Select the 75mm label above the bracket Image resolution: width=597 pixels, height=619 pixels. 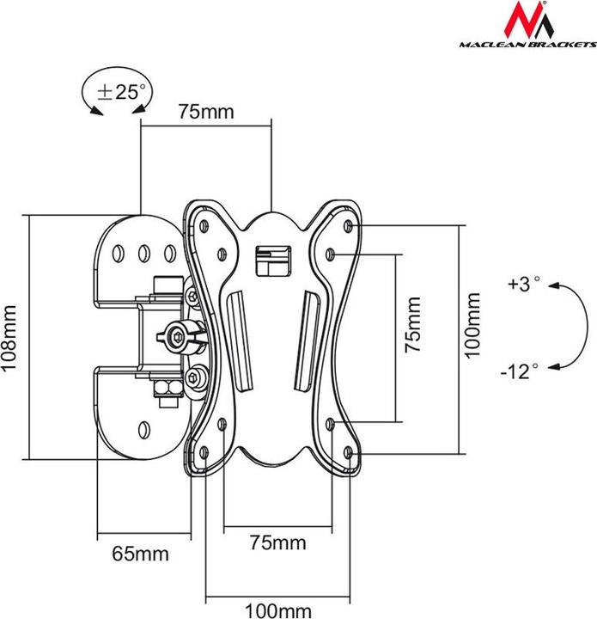click(x=206, y=112)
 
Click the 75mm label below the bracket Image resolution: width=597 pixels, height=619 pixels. click(x=277, y=543)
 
